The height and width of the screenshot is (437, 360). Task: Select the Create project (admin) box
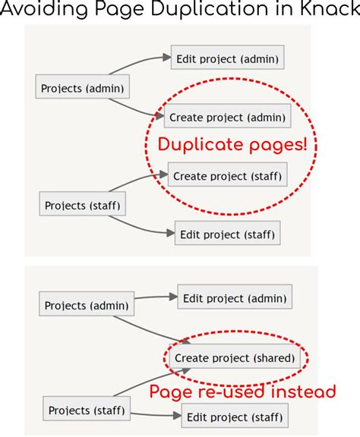(x=228, y=117)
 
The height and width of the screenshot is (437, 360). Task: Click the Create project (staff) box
(x=228, y=176)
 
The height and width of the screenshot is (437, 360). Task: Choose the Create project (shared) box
(x=235, y=357)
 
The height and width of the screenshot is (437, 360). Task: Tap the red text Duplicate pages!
(x=232, y=145)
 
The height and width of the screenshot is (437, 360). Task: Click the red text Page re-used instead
(x=242, y=392)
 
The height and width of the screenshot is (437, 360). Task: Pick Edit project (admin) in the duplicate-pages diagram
(x=228, y=58)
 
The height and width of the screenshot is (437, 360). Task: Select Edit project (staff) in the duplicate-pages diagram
(x=227, y=234)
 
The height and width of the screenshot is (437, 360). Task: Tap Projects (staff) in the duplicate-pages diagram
(x=82, y=205)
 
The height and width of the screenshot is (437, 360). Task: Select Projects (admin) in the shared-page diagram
(x=86, y=306)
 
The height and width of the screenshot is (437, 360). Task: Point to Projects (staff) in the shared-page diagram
(x=85, y=410)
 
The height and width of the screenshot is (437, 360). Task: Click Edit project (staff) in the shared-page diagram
(x=235, y=416)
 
